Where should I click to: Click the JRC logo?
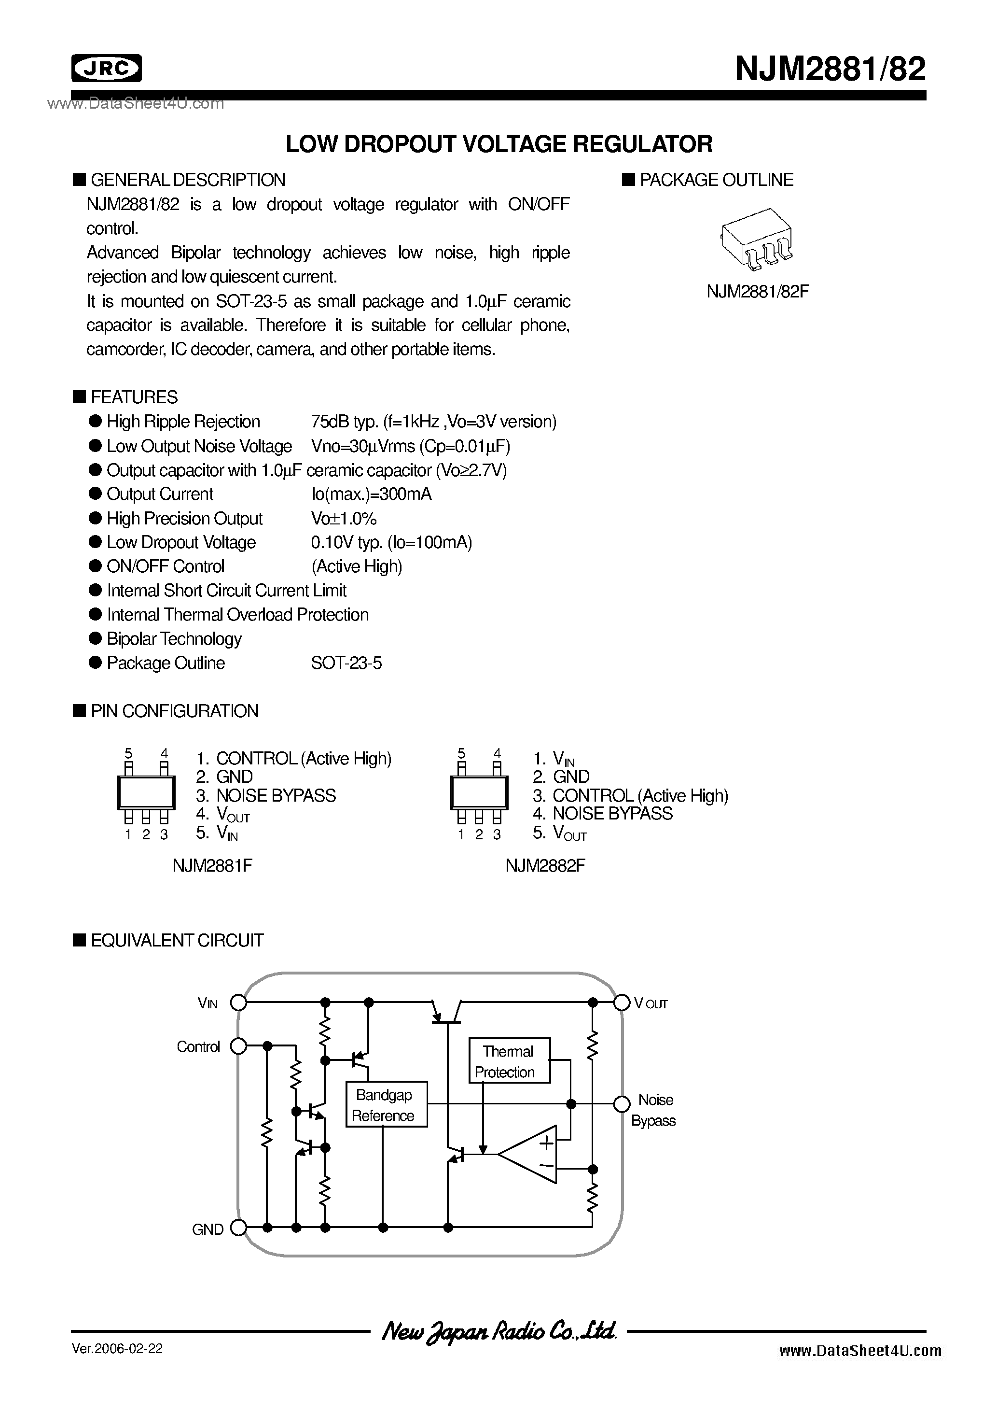pyautogui.click(x=106, y=68)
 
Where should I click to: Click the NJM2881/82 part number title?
pyautogui.click(x=830, y=69)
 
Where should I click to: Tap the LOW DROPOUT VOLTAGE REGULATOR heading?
pyautogui.click(x=498, y=144)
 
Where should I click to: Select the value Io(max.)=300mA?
pyautogui.click(x=371, y=494)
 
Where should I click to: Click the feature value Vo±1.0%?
pyautogui.click(x=344, y=519)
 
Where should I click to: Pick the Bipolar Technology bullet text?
pyautogui.click(x=174, y=639)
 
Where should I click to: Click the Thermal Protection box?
pyautogui.click(x=508, y=1061)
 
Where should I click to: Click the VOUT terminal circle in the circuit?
pyautogui.click(x=622, y=1003)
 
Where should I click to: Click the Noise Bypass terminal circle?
pyautogui.click(x=622, y=1104)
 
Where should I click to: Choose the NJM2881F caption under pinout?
pyautogui.click(x=212, y=866)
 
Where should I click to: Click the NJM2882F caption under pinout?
pyautogui.click(x=545, y=866)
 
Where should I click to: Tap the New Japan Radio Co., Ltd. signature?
pyautogui.click(x=498, y=1332)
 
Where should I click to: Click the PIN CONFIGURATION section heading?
pyautogui.click(x=175, y=711)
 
